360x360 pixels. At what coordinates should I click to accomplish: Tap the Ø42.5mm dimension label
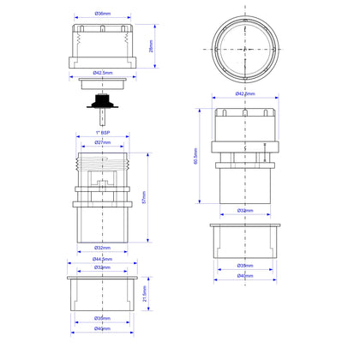pos(102,74)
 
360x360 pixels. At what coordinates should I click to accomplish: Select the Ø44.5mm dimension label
pos(102,260)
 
